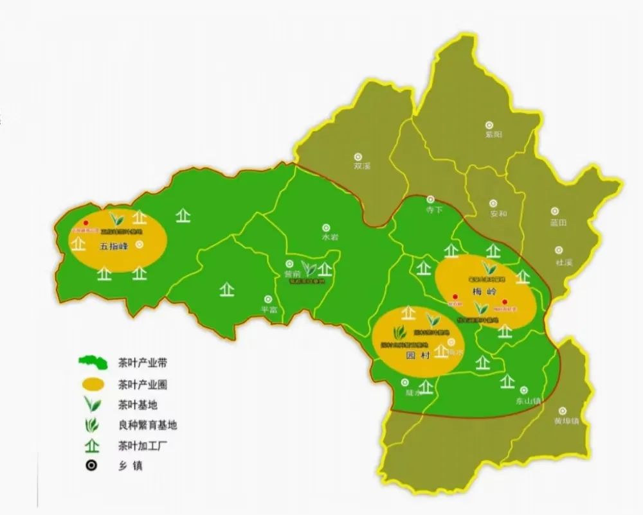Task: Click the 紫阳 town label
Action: pos(493,134)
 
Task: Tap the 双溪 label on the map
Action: pos(363,165)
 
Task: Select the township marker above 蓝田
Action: pos(555,211)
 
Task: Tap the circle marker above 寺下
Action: pos(431,200)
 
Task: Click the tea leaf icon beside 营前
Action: pos(310,269)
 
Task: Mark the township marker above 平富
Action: pos(268,299)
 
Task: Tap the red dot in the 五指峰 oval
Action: pos(86,223)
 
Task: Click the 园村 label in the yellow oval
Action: pos(418,355)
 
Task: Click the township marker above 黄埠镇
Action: pos(563,411)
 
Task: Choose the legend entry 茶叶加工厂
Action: pos(143,444)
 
